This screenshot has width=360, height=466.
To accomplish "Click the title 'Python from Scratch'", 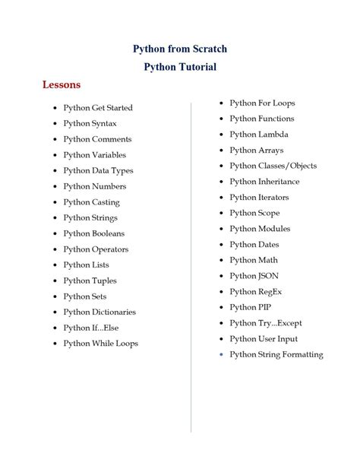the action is [x=180, y=49].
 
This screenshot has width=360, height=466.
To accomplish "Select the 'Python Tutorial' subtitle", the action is [x=180, y=67].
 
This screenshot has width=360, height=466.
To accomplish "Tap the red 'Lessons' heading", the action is [x=62, y=84].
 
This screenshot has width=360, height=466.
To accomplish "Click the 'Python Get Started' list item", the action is [x=98, y=108].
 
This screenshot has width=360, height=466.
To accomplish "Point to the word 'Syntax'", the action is [x=104, y=124].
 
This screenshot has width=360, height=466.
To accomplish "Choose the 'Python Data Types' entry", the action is [x=98, y=171].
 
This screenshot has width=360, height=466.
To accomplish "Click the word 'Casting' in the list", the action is [x=106, y=203].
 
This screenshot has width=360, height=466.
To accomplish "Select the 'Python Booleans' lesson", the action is [x=94, y=234].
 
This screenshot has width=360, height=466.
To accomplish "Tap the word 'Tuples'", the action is [x=104, y=281].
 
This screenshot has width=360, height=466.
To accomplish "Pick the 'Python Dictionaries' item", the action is [x=99, y=312].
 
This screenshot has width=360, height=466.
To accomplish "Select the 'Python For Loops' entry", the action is [x=262, y=103].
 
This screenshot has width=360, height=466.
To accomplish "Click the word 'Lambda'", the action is [x=273, y=135].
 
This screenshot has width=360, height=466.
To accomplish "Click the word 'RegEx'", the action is [x=273, y=292].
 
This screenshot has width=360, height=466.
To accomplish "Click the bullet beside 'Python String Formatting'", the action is [x=221, y=355].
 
